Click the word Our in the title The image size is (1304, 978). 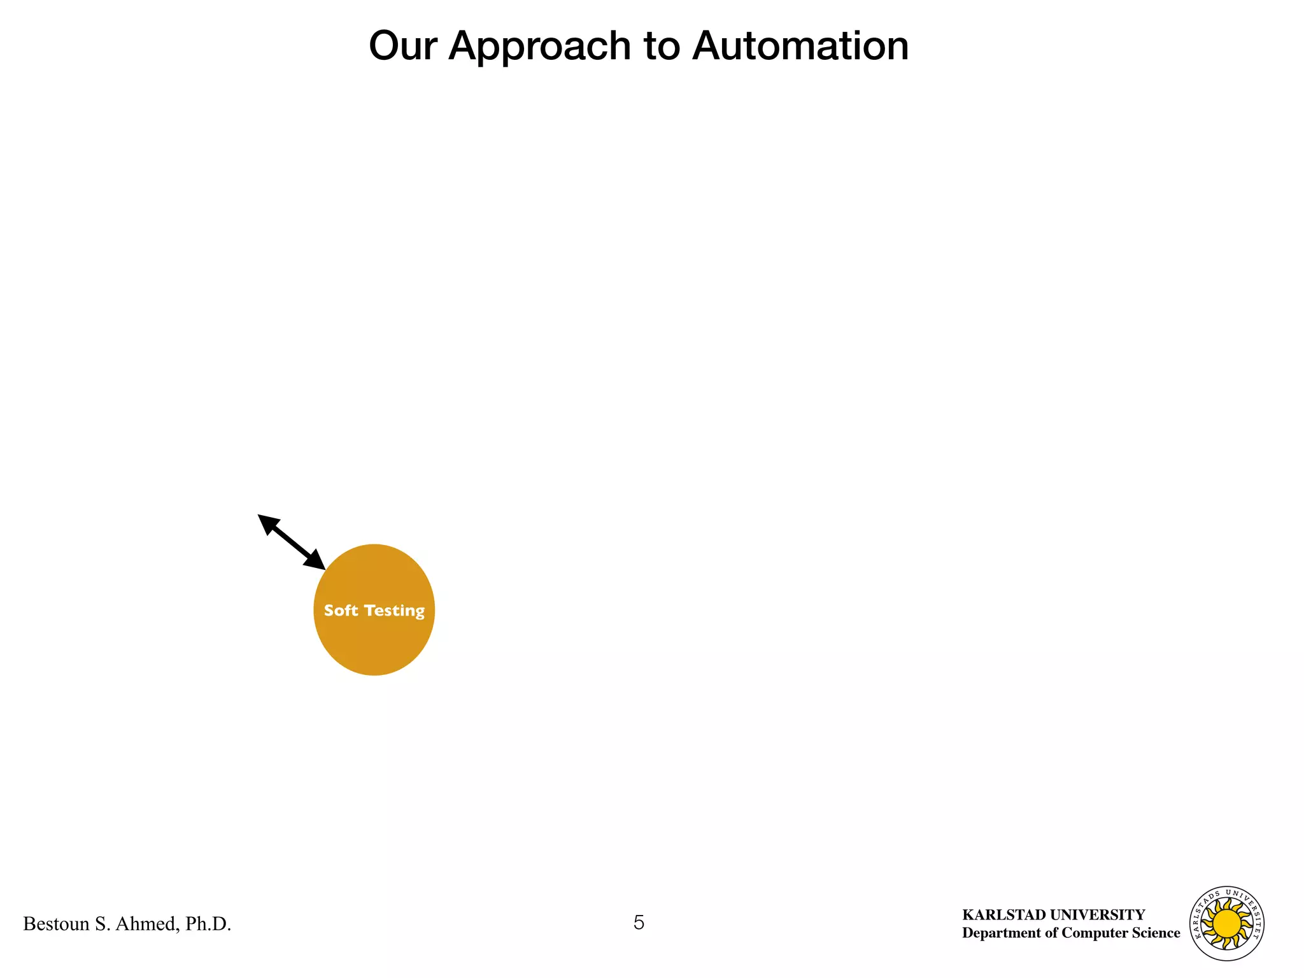402,46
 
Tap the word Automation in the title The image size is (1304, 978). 800,46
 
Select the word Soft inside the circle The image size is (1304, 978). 341,610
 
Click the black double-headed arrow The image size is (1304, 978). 292,542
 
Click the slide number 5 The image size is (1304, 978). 639,923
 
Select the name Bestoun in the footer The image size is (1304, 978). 56,924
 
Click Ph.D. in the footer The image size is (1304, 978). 208,924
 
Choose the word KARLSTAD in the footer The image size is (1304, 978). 1004,915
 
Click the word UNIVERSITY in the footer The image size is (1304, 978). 1098,915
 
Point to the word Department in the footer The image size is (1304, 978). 1002,933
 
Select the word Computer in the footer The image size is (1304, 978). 1093,933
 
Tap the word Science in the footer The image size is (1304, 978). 1155,933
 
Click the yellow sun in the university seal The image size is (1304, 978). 1227,923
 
